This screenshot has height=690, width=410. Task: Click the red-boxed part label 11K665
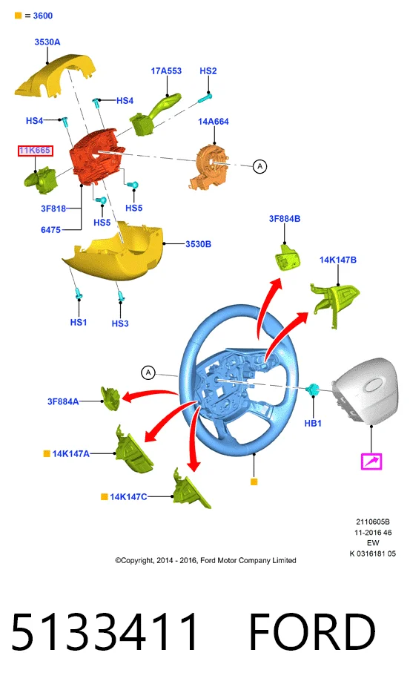[35, 151]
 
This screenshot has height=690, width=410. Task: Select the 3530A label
[47, 42]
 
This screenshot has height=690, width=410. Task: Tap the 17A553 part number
[166, 70]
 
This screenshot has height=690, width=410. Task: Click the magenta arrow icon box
[371, 461]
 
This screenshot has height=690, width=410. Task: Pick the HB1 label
[313, 424]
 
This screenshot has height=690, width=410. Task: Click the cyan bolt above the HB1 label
[312, 389]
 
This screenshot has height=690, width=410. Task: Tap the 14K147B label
[338, 260]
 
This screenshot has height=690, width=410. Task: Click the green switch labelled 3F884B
[286, 256]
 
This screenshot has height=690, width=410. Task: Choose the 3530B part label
[198, 244]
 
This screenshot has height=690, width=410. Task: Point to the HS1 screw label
[79, 323]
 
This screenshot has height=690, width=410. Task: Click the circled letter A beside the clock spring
[260, 166]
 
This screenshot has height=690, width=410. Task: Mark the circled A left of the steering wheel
[148, 372]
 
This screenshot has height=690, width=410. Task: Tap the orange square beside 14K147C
[105, 497]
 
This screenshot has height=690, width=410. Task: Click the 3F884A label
[63, 401]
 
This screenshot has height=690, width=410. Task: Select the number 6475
[50, 230]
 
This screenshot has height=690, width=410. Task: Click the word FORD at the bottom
[312, 632]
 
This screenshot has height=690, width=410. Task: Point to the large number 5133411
[105, 632]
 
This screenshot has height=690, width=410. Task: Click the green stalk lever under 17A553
[155, 114]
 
